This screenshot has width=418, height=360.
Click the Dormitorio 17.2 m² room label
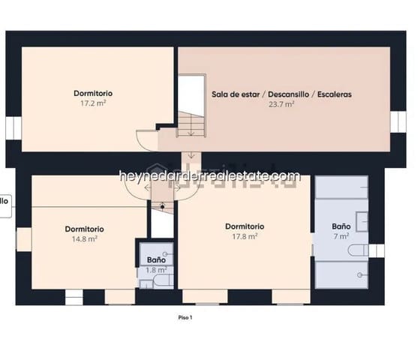click(x=93, y=98)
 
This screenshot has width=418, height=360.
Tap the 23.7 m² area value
click(x=281, y=105)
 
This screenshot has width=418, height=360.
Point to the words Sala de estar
click(x=234, y=95)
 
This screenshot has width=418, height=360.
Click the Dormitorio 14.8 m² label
click(x=84, y=233)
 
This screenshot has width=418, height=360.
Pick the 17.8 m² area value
click(x=245, y=235)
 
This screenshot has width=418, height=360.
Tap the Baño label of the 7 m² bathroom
click(x=341, y=226)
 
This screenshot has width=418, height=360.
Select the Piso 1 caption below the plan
click(x=185, y=317)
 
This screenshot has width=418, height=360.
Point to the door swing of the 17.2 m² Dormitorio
click(x=146, y=139)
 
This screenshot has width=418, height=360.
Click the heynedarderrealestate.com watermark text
click(x=209, y=176)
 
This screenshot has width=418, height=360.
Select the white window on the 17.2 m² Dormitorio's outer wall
click(x=11, y=128)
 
